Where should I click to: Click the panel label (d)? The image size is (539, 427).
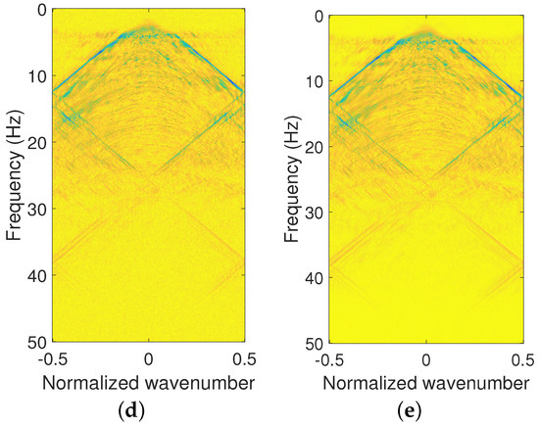point(148,406)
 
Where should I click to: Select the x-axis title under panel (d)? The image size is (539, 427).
point(148,381)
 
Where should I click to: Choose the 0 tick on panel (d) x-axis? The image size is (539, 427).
point(148,357)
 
